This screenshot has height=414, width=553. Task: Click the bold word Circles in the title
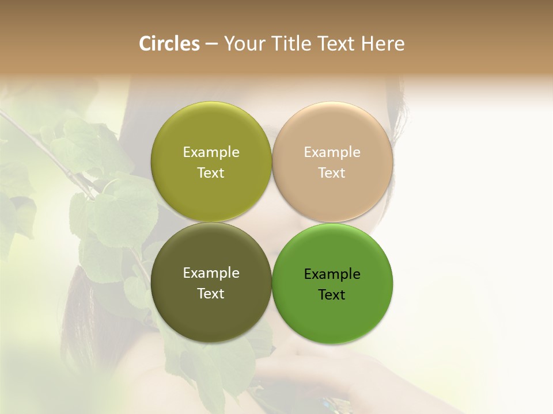coord(169,44)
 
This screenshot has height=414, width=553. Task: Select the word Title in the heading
coord(291,44)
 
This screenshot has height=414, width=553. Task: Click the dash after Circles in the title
coord(211,44)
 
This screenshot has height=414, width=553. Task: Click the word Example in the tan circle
coord(332,152)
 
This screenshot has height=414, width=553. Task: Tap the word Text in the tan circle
coord(332,173)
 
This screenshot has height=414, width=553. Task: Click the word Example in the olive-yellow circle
coord(211,152)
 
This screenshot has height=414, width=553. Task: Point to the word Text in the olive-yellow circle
coord(211,173)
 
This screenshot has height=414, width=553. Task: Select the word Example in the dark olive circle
coord(211,273)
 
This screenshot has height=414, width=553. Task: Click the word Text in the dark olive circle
coord(211,294)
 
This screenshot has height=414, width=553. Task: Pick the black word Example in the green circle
coord(332,274)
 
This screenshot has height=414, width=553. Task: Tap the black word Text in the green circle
coord(332,295)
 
